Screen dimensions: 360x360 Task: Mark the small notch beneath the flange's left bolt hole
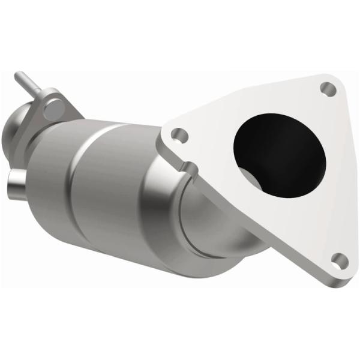[187, 164]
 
